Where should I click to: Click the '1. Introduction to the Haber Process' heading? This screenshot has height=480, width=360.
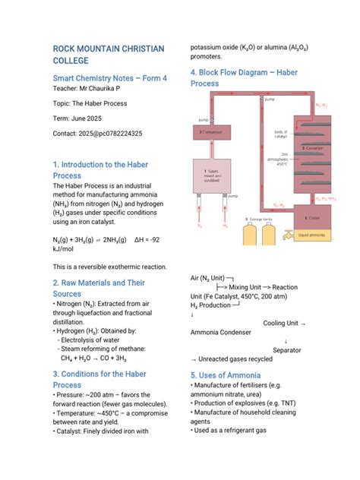tap(100, 169)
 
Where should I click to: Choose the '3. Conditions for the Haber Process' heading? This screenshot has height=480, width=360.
tap(99, 379)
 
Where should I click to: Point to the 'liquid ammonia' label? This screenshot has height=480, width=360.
tap(313, 235)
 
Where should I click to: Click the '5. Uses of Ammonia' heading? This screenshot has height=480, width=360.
tap(226, 375)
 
